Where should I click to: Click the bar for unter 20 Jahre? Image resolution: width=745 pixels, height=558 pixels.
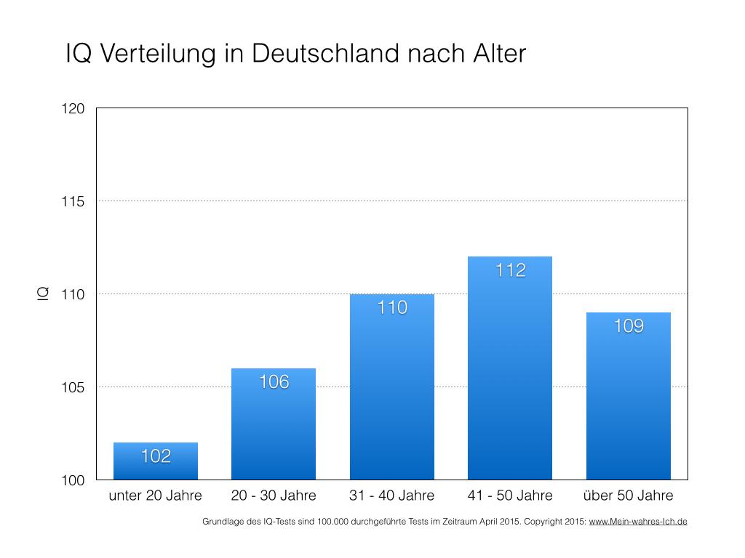[x=156, y=465]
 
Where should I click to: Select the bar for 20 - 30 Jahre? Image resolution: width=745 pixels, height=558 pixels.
[x=274, y=429]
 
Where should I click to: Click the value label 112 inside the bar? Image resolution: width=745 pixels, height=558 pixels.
[x=510, y=271]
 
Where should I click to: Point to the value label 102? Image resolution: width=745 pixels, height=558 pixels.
[x=156, y=456]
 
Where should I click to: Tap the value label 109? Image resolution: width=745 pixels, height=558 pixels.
[x=629, y=326]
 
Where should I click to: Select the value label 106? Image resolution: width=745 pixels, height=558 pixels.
[x=274, y=381]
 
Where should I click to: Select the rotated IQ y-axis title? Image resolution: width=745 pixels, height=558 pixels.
[x=43, y=294]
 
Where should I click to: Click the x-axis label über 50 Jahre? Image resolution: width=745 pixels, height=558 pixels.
[x=629, y=496]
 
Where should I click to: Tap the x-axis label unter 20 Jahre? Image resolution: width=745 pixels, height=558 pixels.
[x=156, y=496]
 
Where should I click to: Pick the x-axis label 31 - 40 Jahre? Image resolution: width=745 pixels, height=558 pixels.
[x=392, y=496]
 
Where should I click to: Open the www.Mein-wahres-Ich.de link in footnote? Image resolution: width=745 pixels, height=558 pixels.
[x=637, y=522]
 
